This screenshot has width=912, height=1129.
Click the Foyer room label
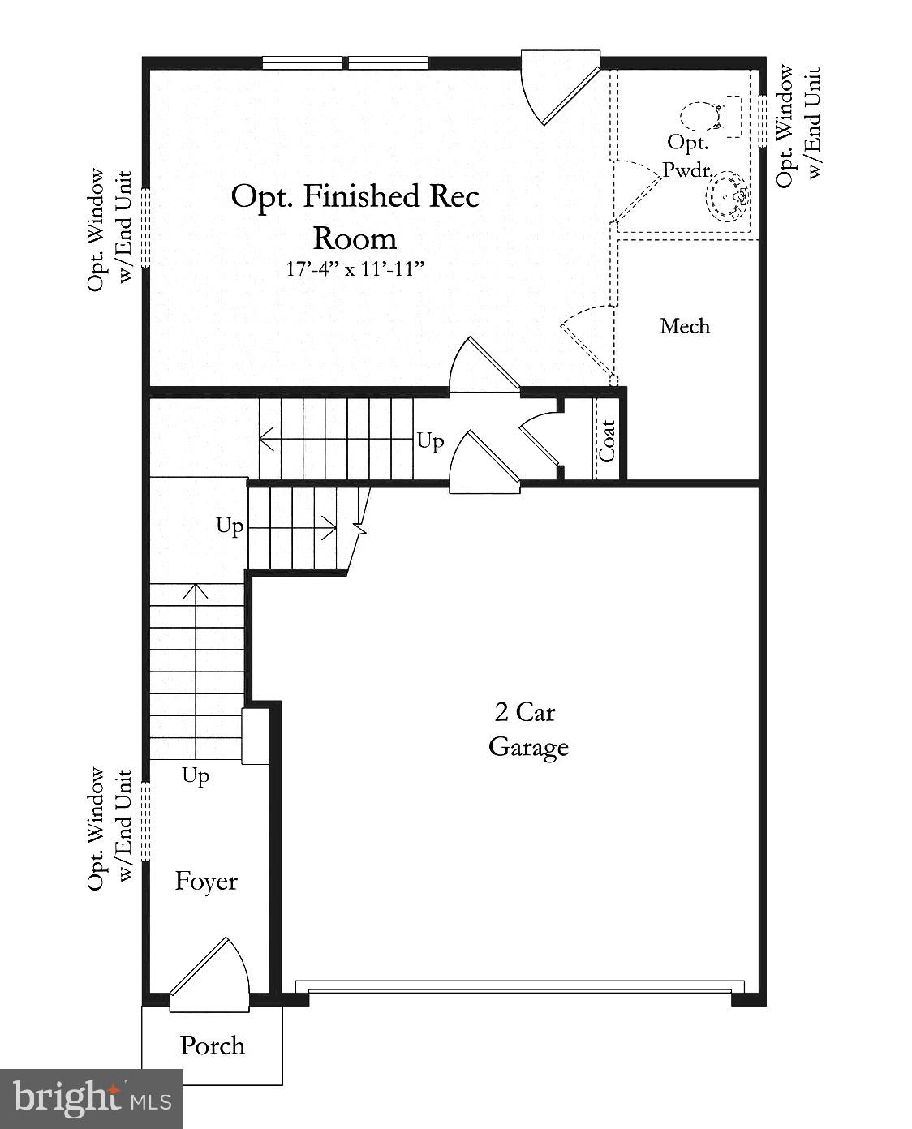pyautogui.click(x=206, y=882)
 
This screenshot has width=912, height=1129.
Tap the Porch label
pyautogui.click(x=212, y=1045)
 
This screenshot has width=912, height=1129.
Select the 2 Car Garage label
pyautogui.click(x=527, y=729)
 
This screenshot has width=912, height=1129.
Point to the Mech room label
pyautogui.click(x=685, y=326)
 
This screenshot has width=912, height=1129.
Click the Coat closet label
pyautogui.click(x=608, y=440)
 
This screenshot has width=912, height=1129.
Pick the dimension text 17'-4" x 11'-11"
pyautogui.click(x=355, y=269)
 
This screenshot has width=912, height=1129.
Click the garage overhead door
pyautogui.click(x=519, y=987)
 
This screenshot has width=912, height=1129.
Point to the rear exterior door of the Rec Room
pyautogui.click(x=560, y=85)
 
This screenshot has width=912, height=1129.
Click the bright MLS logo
pyautogui.click(x=92, y=1099)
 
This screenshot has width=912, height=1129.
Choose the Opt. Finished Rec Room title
pyautogui.click(x=355, y=217)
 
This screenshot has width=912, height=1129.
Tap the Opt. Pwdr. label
pyautogui.click(x=687, y=156)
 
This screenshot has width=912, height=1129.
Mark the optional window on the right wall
pyautogui.click(x=763, y=120)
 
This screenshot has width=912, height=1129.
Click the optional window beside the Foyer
pyautogui.click(x=146, y=821)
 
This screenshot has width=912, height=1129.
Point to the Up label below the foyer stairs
pyautogui.click(x=196, y=776)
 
